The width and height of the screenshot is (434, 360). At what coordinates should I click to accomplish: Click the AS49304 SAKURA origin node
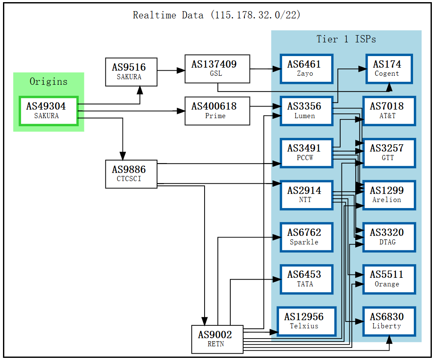pyautogui.click(x=48, y=111)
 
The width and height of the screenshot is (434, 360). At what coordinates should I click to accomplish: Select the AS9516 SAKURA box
pyautogui.click(x=131, y=71)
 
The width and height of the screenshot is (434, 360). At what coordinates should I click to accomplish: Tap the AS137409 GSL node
pyautogui.click(x=217, y=68)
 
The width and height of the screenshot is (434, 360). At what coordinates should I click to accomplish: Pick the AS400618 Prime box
pyautogui.click(x=217, y=111)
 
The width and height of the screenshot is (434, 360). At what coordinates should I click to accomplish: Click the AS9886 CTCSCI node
pyautogui.click(x=131, y=174)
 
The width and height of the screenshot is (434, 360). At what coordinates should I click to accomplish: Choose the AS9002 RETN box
pyautogui.click(x=217, y=339)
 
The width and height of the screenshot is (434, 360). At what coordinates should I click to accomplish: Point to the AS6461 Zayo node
pyautogui.click(x=306, y=68)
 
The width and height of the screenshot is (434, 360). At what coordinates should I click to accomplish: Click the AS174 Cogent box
pyautogui.click(x=389, y=68)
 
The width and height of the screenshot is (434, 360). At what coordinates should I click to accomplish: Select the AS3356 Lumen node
pyautogui.click(x=306, y=111)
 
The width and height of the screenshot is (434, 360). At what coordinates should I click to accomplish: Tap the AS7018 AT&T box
pyautogui.click(x=389, y=111)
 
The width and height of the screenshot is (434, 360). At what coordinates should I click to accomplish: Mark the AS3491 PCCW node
pyautogui.click(x=306, y=153)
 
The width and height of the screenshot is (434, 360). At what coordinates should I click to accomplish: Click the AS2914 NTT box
pyautogui.click(x=306, y=195)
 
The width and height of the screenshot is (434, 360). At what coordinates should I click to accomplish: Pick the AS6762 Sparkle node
pyautogui.click(x=306, y=237)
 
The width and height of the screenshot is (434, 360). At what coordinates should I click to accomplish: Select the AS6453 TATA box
pyautogui.click(x=306, y=279)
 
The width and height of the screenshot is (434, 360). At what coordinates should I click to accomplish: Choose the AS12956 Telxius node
pyautogui.click(x=306, y=321)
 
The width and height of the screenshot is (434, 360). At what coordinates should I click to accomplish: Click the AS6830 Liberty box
pyautogui.click(x=389, y=321)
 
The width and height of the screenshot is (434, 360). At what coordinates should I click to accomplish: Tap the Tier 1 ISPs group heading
pyautogui.click(x=346, y=39)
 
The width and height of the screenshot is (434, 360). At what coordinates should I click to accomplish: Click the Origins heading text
pyautogui.click(x=48, y=81)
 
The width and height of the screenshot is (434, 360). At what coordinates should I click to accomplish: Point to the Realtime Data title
pyautogui.click(x=217, y=15)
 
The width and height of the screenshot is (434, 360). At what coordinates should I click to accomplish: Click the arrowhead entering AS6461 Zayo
pyautogui.click(x=276, y=68)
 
